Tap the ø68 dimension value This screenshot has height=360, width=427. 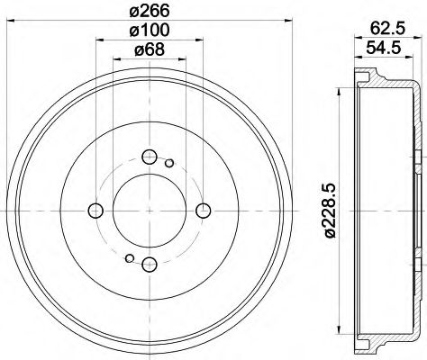coord(150,52)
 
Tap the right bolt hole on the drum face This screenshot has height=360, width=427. coord(203,211)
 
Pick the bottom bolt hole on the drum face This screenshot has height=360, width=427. coord(150,264)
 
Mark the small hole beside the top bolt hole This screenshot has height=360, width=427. coord(169,162)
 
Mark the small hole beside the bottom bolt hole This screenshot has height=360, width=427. coord(130,259)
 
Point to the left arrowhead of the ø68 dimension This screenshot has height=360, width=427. coord(116,61)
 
